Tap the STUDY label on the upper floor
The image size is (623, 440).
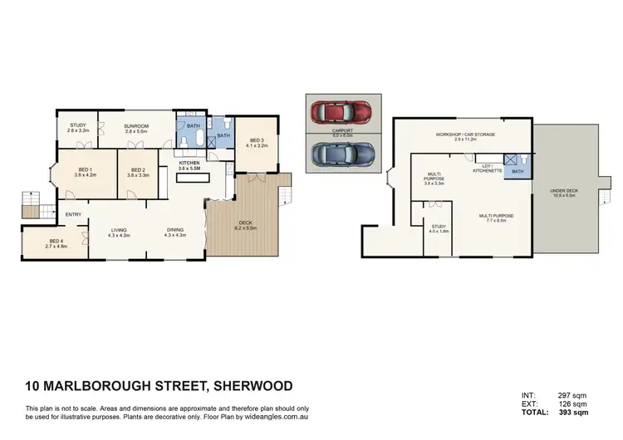(x=76, y=125)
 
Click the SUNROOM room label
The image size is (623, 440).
(x=135, y=125)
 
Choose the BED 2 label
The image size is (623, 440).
(x=138, y=169)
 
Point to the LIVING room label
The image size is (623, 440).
(x=119, y=231)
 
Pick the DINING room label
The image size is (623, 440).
(x=175, y=231)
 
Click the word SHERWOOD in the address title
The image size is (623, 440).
(x=253, y=386)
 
